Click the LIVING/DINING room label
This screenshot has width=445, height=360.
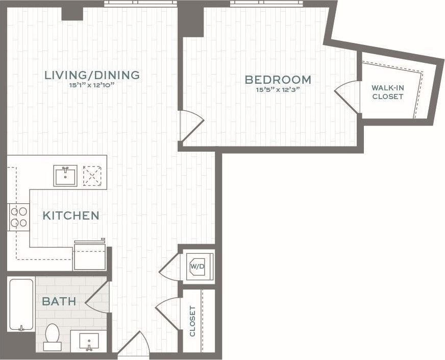click(x=92, y=75)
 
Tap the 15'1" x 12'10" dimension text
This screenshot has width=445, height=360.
click(x=92, y=85)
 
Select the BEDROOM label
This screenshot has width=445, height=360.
click(x=278, y=80)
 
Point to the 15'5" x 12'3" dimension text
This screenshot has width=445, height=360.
click(x=278, y=90)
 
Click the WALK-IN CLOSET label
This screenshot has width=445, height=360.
click(x=388, y=92)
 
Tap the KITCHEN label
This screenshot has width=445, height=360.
click(x=70, y=215)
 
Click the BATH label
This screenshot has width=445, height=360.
click(x=59, y=301)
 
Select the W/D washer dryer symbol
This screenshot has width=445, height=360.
click(x=197, y=267)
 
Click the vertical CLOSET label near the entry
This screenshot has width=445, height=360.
click(x=192, y=321)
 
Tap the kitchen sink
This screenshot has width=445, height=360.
click(x=65, y=176)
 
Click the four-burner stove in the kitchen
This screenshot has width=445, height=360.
click(x=19, y=217)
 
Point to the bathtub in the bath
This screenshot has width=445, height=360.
click(x=21, y=304)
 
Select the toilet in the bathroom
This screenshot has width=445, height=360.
click(x=52, y=337)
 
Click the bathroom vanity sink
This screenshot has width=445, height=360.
click(x=89, y=341)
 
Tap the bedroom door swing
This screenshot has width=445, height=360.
click(x=191, y=125)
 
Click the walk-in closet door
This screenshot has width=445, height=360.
click(x=347, y=97)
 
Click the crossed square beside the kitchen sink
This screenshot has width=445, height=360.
click(x=92, y=176)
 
